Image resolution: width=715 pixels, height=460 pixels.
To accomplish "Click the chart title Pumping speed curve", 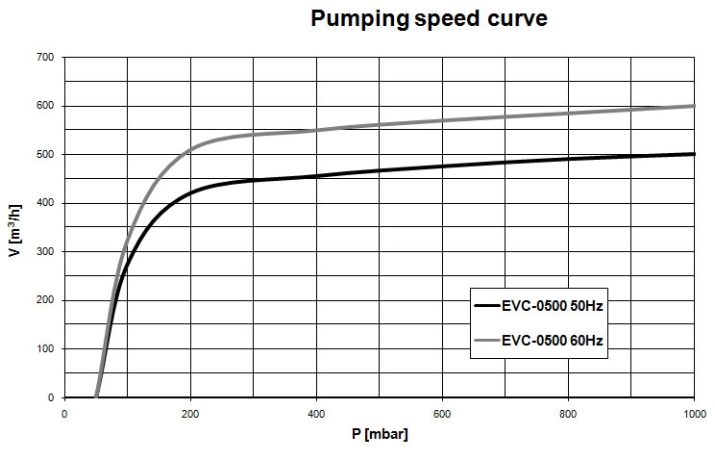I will click(x=429, y=19).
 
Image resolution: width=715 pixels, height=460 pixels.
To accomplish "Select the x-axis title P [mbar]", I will click(x=380, y=435).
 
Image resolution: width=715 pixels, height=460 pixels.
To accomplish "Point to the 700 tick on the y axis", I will click(x=44, y=57).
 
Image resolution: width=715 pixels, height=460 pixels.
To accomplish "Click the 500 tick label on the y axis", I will click(x=44, y=154).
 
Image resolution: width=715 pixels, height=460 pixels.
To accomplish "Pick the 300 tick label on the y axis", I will click(x=44, y=252).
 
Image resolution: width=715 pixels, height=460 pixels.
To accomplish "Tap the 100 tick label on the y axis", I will click(x=44, y=349).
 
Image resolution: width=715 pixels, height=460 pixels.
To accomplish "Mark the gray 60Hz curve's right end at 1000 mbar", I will click(x=693, y=106).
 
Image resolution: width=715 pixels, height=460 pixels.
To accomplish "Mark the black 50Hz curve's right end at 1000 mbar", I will click(x=693, y=154).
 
